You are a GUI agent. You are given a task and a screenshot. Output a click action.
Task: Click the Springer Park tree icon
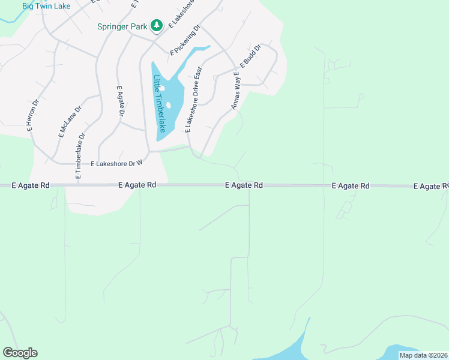click(x=157, y=25)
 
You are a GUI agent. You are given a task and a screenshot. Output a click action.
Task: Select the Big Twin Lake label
click(x=46, y=6)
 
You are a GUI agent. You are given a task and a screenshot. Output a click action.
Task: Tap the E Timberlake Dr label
click(x=80, y=157)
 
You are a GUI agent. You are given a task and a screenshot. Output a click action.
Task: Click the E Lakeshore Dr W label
click(x=116, y=163)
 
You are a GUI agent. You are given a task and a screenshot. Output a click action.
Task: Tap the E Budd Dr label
click(x=250, y=56)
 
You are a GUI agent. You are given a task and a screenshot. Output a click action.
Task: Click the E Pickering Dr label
click(x=184, y=40)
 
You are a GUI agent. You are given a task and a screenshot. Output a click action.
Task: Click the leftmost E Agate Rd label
click(x=31, y=186)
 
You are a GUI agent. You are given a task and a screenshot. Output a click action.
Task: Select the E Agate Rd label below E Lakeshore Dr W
click(x=137, y=185)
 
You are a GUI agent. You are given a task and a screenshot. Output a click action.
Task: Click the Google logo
click(x=20, y=353)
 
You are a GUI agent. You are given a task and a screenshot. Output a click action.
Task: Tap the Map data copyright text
click(x=423, y=355)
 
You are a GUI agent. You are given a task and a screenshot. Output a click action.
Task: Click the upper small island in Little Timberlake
click(x=162, y=88)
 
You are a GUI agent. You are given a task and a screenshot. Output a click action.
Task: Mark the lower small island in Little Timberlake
click(x=168, y=106)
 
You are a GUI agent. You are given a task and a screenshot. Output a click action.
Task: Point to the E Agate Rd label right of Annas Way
click(x=244, y=185)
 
